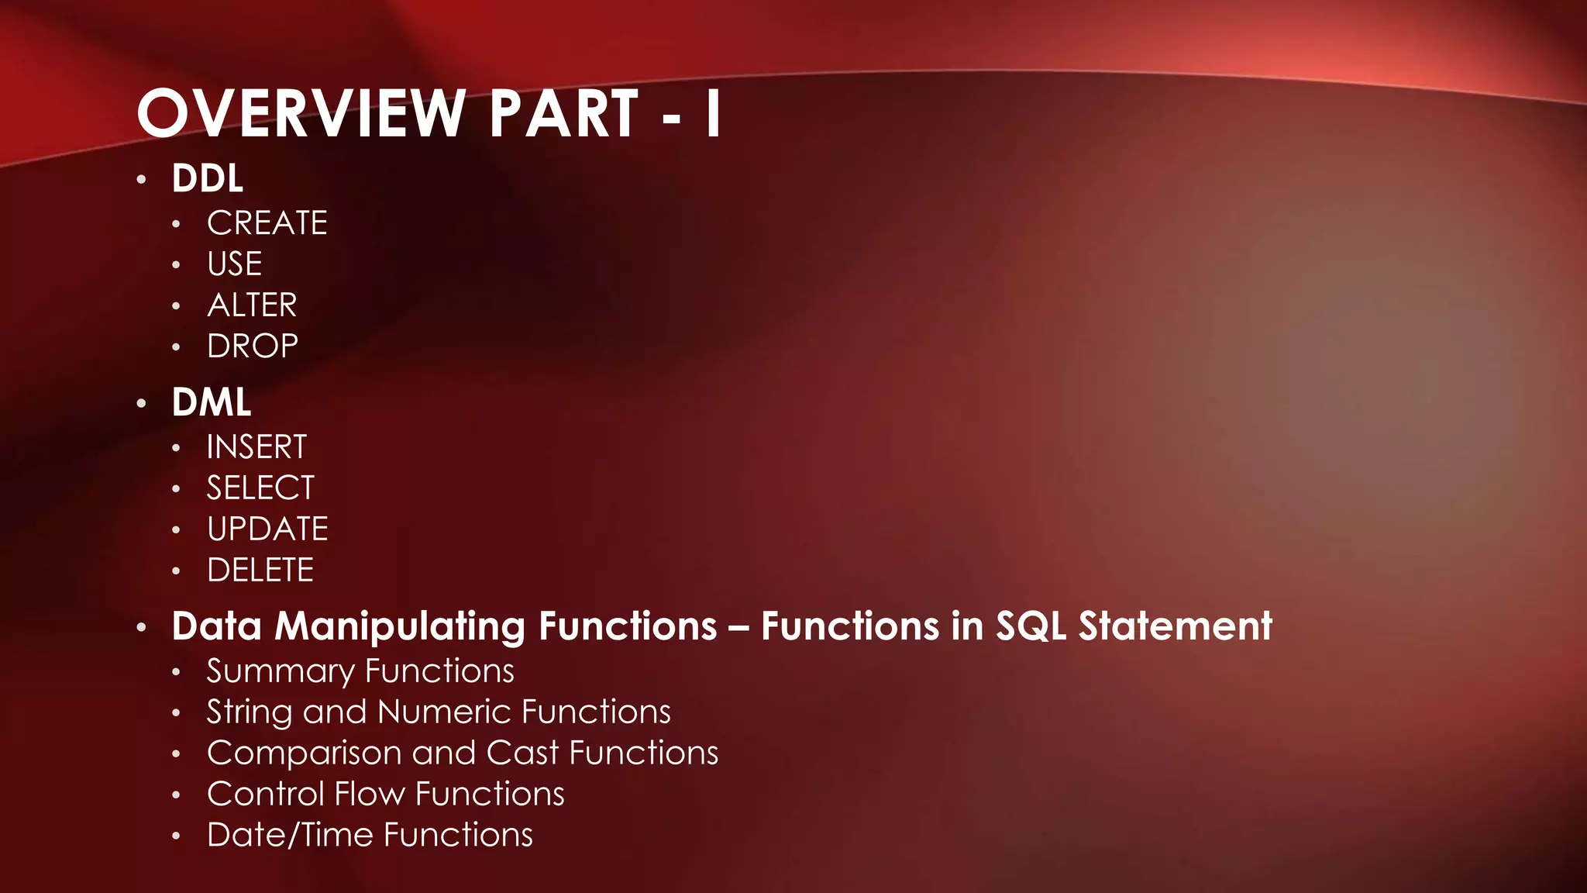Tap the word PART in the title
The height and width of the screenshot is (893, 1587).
tap(563, 114)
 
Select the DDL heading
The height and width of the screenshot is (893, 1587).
tap(208, 178)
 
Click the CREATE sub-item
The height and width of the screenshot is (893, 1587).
tap(267, 223)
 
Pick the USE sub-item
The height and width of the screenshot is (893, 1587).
tap(235, 264)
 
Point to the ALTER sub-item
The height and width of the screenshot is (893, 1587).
tap(252, 305)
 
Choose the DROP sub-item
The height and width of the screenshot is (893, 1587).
tap(253, 347)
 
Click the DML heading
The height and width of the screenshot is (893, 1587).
tap(212, 402)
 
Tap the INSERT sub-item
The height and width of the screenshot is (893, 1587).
tap(256, 447)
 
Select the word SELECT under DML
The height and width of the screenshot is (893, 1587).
tap(260, 488)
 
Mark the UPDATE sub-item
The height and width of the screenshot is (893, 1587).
tap(267, 529)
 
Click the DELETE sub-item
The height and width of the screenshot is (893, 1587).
tap(260, 571)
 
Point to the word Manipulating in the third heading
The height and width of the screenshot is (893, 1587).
tap(400, 626)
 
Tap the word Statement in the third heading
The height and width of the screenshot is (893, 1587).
tap(1175, 626)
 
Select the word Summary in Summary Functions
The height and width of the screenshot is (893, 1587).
tap(280, 671)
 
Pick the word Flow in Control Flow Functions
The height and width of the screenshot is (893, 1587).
tap(370, 795)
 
